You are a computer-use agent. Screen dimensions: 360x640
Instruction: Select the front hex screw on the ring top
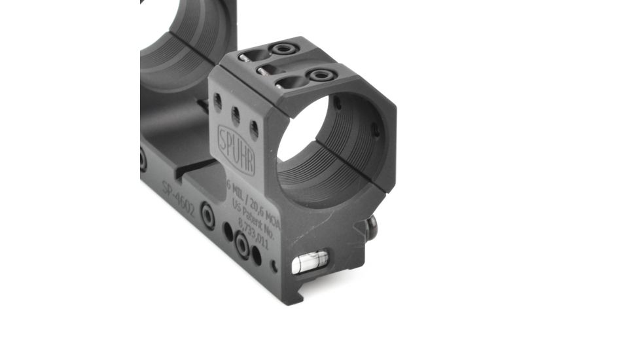(x=321, y=76)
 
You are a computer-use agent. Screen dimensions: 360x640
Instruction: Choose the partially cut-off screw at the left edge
(x=143, y=159)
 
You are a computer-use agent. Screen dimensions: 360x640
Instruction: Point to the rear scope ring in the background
(x=183, y=46)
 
